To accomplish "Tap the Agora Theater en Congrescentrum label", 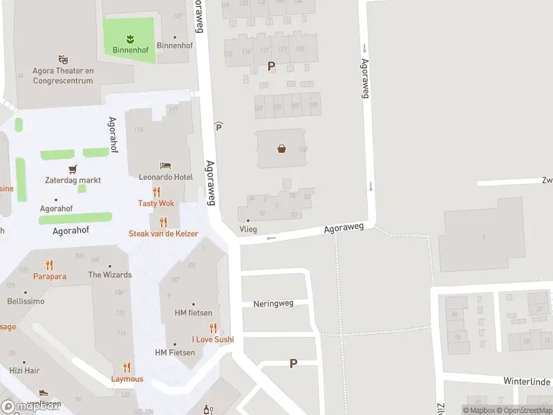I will [63, 75].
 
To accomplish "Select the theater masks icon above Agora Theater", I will [63, 60].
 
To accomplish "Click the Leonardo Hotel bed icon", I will [165, 165].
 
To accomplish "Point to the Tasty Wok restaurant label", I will [156, 203].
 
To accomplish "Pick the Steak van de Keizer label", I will [163, 234].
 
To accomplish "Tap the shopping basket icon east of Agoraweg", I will [282, 147].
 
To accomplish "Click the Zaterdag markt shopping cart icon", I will [73, 169].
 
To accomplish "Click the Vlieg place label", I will [247, 229].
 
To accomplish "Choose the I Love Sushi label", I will [213, 339].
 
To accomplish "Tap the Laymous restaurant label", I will [127, 378].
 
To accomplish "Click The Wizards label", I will [110, 275].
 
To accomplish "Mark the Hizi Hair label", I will [25, 371].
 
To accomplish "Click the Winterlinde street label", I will [526, 381].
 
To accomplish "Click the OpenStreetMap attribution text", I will [523, 410].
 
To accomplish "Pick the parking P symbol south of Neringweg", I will [293, 363].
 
